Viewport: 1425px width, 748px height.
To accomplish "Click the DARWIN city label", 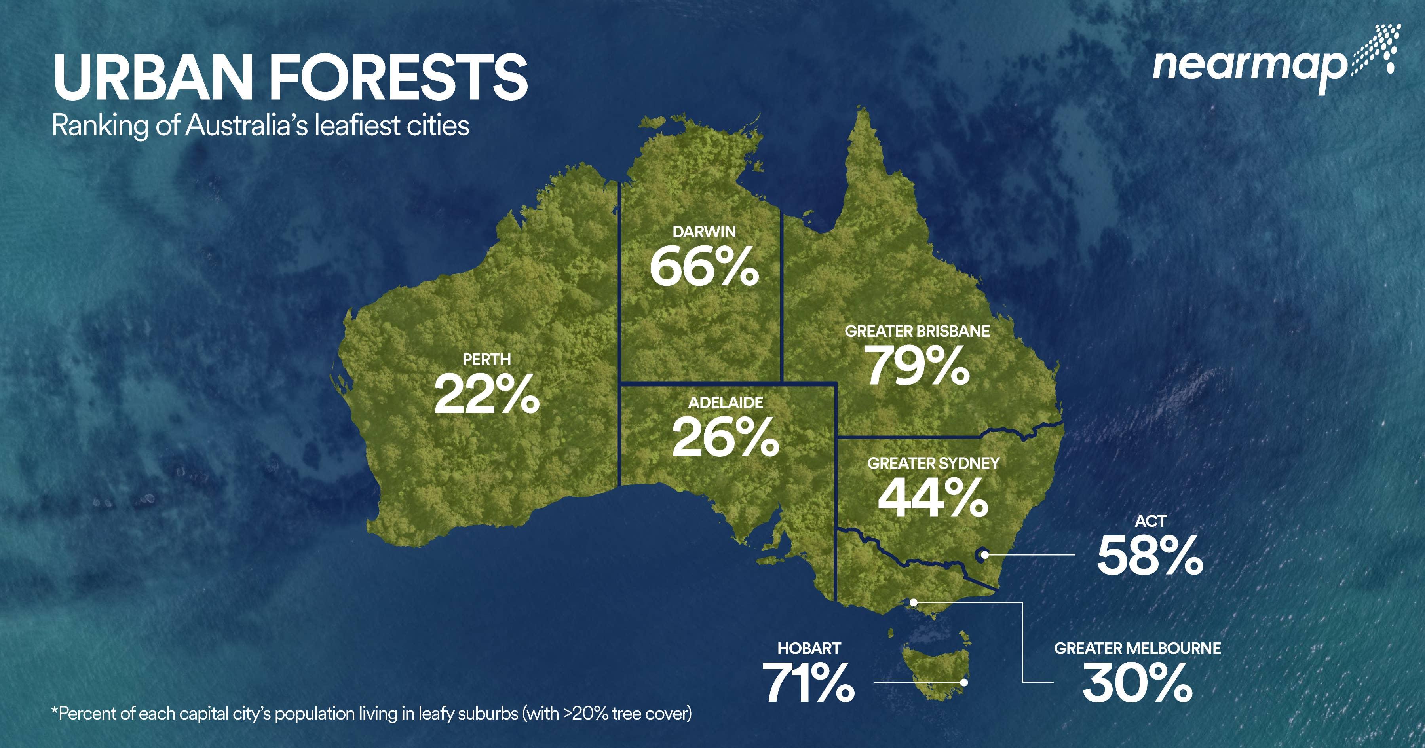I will (704, 232).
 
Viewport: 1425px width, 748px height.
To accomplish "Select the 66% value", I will (704, 268).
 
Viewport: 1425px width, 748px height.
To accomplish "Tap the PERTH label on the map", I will (487, 360).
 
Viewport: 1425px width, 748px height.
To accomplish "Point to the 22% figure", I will (487, 395).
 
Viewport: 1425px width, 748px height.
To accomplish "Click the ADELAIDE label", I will (725, 403).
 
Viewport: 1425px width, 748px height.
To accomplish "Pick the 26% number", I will (725, 438).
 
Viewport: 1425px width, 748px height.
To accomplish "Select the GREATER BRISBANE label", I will (917, 331).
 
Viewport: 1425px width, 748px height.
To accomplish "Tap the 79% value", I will (917, 366).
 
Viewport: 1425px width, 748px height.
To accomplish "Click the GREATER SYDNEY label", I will (933, 463).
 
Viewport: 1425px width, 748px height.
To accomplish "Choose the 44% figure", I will (933, 499).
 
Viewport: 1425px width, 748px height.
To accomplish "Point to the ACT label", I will (1151, 521).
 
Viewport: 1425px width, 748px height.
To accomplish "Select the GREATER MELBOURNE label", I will (1137, 648).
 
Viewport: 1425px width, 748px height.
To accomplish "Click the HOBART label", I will (809, 648).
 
